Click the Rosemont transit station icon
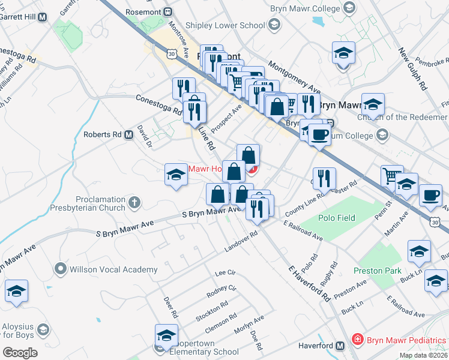tap(169, 11)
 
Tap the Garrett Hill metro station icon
tap(42, 17)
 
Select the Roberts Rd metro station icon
tap(128, 135)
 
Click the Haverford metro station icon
tap(340, 346)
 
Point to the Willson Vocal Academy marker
tap(59, 269)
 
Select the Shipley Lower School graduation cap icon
tap(274, 25)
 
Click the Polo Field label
tap(337, 218)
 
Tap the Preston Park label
tap(377, 271)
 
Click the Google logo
tap(20, 352)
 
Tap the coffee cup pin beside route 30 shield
tap(430, 194)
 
